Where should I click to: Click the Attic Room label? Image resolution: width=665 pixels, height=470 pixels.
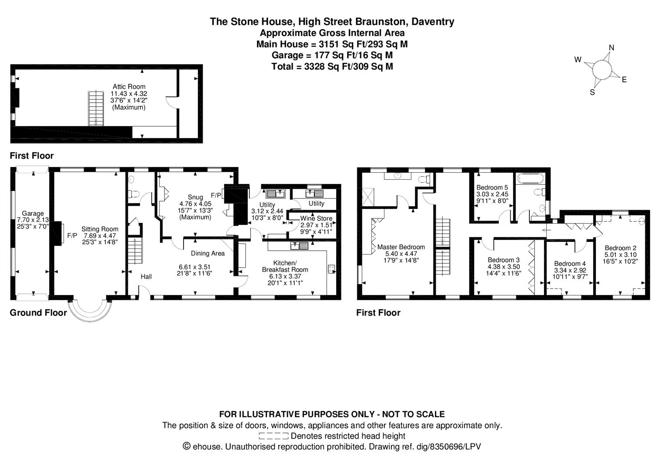(x=129, y=87)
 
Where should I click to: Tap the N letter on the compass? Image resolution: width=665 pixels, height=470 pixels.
(x=612, y=48)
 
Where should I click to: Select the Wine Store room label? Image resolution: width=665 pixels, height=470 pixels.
(x=316, y=218)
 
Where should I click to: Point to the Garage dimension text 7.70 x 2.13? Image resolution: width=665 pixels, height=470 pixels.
(x=33, y=220)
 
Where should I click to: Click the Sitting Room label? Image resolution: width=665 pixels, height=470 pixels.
(x=100, y=229)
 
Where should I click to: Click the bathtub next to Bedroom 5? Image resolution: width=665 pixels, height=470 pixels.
(x=530, y=178)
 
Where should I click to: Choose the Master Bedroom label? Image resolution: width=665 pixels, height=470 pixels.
(x=401, y=247)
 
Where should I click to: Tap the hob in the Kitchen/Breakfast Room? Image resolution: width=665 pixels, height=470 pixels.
(x=331, y=269)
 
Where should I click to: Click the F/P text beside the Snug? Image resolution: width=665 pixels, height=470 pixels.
(x=216, y=195)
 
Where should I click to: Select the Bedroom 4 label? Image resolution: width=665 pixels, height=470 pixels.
(x=570, y=264)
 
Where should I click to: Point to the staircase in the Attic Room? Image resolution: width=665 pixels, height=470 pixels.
(x=96, y=108)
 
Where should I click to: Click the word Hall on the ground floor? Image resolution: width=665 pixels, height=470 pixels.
(x=146, y=277)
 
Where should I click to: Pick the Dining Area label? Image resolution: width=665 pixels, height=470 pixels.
(x=208, y=253)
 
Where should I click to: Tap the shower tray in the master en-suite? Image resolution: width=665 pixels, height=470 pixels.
(x=368, y=197)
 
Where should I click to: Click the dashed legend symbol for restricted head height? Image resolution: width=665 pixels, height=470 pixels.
(x=274, y=436)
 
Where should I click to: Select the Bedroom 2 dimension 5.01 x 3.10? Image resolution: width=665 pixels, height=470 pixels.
(x=621, y=255)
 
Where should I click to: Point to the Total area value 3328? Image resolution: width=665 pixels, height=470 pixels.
(x=315, y=66)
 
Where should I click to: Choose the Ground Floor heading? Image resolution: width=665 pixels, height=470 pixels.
(x=38, y=312)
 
